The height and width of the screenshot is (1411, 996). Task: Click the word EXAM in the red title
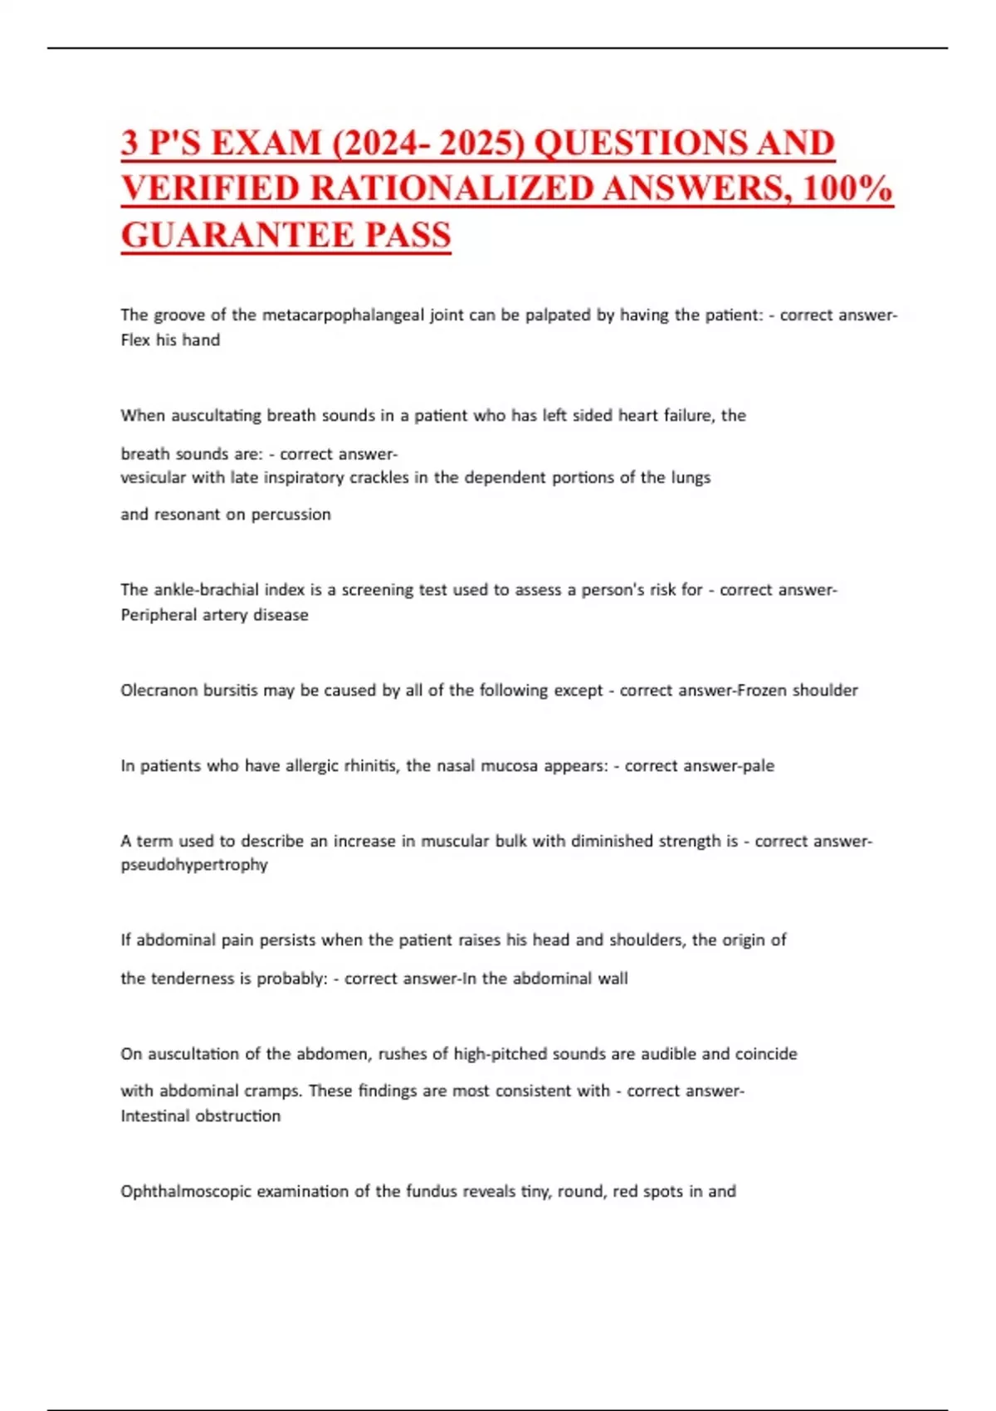[x=266, y=143]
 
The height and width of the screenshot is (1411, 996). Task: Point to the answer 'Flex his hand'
[x=170, y=340]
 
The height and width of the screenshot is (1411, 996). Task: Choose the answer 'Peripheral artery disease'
[x=214, y=615]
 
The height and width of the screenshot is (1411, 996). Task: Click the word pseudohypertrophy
[x=194, y=865]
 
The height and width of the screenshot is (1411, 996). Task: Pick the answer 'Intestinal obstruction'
[x=200, y=1116]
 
